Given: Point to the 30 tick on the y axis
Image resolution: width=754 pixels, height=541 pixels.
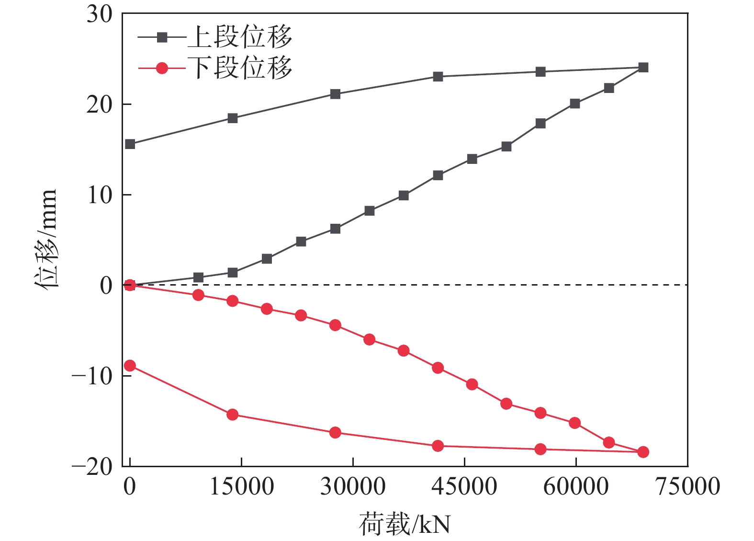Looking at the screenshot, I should click(x=100, y=14).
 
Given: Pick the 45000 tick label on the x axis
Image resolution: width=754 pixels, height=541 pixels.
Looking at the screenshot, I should click(x=464, y=487).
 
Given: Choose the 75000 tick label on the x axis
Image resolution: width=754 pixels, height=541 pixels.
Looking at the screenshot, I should click(x=687, y=487).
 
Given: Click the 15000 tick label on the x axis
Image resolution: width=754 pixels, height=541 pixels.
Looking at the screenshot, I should click(x=242, y=487).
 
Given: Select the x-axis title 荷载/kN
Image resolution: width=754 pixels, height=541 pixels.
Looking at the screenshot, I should click(x=405, y=524).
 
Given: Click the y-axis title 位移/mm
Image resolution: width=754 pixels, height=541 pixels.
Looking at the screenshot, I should click(x=46, y=238).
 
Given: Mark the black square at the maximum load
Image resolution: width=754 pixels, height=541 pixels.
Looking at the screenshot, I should click(x=643, y=68).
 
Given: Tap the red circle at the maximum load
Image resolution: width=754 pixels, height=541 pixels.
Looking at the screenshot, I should click(x=643, y=452).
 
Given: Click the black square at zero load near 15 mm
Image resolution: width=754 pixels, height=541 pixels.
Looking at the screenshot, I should click(x=130, y=144).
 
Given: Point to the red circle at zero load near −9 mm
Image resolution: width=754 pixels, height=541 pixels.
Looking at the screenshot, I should click(x=130, y=366).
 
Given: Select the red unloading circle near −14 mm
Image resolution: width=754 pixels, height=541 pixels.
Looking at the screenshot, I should click(x=233, y=414).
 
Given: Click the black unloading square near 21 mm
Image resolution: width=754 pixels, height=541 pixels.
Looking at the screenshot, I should click(x=335, y=94).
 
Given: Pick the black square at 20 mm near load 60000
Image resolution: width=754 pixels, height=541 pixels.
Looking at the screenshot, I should click(x=575, y=104).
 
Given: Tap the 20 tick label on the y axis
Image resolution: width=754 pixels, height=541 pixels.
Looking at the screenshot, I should click(x=100, y=104).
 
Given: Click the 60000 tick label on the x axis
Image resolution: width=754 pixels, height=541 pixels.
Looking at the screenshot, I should click(x=575, y=487).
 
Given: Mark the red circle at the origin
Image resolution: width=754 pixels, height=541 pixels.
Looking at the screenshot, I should click(x=130, y=286).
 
